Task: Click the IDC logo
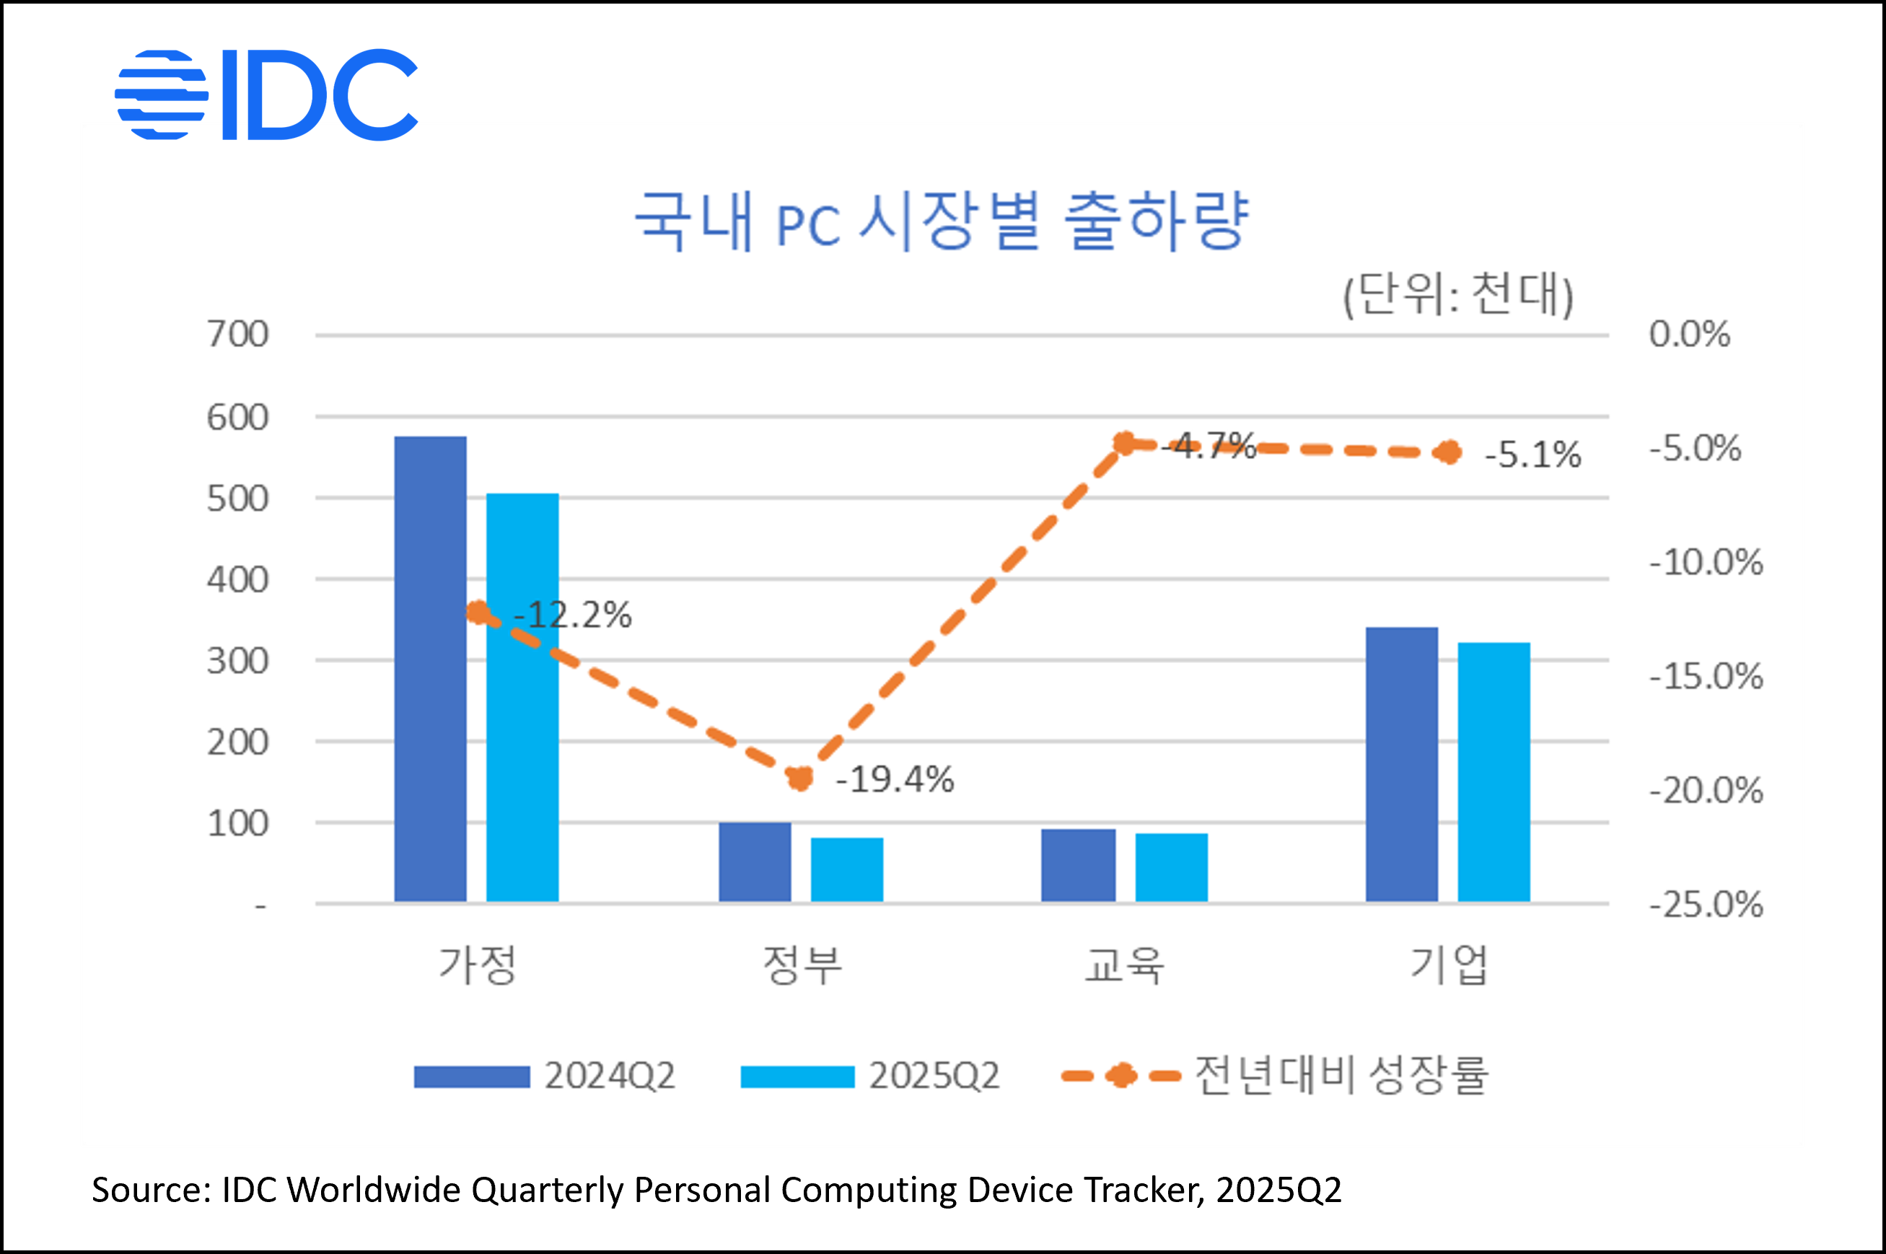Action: point(266,95)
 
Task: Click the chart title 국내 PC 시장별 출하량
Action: point(941,221)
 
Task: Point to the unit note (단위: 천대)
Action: point(1457,294)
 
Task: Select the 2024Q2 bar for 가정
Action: point(430,670)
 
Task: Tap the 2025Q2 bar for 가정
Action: point(522,698)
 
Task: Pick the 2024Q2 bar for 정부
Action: point(754,862)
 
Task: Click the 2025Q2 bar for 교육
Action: point(1171,868)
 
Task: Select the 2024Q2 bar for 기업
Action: point(1400,765)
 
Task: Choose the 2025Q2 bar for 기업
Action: point(1494,773)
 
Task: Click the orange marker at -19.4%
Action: point(799,777)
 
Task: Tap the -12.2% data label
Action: point(572,615)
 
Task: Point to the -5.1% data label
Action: point(1532,455)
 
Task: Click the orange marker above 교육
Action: point(1125,443)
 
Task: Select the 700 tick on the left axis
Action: point(237,334)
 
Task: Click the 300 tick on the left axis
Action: point(237,662)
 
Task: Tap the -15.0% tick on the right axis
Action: point(1706,677)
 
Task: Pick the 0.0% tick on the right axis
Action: point(1689,334)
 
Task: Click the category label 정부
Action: point(802,965)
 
